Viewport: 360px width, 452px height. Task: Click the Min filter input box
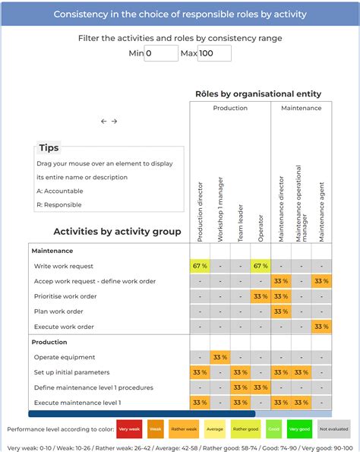coord(161,53)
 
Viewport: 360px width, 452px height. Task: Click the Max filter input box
coord(214,53)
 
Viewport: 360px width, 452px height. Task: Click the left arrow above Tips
coord(104,121)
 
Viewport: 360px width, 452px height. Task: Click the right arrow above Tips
coord(115,121)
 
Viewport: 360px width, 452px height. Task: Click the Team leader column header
coord(241,225)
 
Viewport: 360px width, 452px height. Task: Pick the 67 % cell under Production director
coord(200,266)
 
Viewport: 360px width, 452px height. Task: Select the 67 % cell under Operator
coord(261,266)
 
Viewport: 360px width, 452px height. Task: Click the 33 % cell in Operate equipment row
coord(220,357)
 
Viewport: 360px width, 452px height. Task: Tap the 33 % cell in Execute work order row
coord(321,327)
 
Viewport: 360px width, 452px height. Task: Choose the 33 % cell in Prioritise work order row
coord(261,296)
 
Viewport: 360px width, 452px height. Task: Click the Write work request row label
coord(64,266)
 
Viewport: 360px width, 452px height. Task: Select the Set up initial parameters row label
coord(71,372)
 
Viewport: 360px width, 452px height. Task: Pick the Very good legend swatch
coord(299,428)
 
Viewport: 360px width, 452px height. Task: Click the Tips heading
coord(49,148)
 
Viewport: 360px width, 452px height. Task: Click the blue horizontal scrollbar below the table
coord(141,414)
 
